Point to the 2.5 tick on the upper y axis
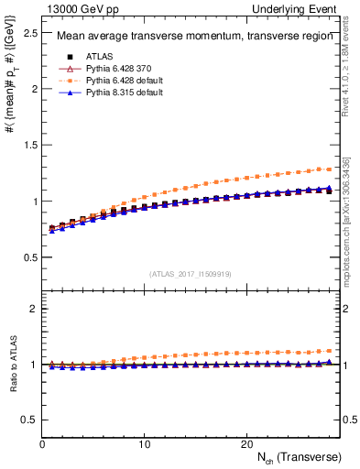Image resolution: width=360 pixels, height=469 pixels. (29, 33)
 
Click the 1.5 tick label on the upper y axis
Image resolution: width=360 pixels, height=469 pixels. (29, 145)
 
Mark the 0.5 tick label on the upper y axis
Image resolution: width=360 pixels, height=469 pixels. (29, 257)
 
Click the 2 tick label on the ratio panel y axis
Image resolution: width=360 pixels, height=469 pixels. (33, 310)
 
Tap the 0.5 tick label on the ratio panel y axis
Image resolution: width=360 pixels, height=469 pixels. (29, 420)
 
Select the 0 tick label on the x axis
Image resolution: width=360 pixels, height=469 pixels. (43, 443)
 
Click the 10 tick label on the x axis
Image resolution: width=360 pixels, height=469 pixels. (144, 443)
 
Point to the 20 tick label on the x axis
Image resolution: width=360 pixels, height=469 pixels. (245, 443)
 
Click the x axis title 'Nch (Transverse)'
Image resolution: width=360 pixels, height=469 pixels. (299, 456)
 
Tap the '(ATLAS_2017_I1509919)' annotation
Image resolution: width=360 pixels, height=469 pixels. (189, 273)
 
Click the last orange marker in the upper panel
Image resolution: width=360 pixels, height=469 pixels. (329, 169)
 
